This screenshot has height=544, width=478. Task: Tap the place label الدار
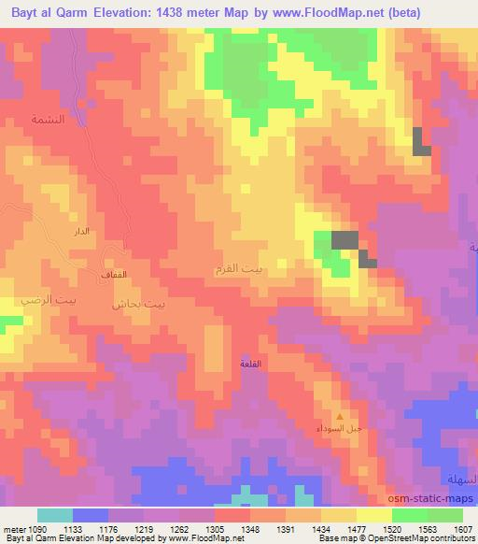pyautogui.click(x=81, y=230)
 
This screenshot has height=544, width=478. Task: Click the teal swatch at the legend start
pyautogui.click(x=55, y=515)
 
